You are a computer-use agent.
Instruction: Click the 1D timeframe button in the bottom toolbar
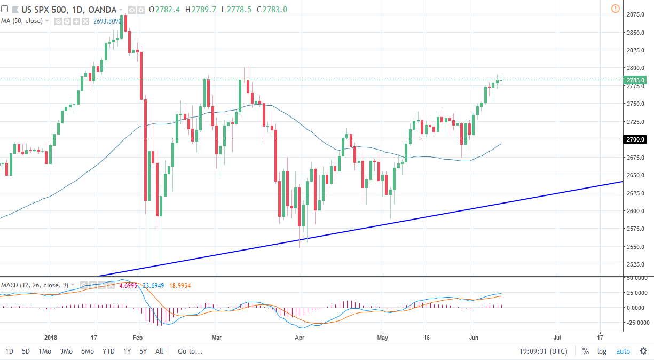tap(10, 351)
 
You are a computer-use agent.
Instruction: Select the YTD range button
tap(108, 351)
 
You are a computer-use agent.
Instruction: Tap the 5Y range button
tap(143, 351)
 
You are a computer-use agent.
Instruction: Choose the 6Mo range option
tap(88, 351)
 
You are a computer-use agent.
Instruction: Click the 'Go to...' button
tap(190, 351)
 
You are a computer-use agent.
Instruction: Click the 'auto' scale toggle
tap(623, 351)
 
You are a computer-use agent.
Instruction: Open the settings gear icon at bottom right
tap(643, 351)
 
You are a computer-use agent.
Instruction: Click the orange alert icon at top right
tap(615, 9)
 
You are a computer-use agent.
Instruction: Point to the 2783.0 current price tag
tap(635, 80)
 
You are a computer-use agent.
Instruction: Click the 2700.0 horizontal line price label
tap(635, 139)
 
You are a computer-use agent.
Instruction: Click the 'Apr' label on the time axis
tap(299, 338)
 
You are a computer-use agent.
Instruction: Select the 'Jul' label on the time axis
tap(557, 338)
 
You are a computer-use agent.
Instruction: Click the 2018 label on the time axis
tap(51, 338)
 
